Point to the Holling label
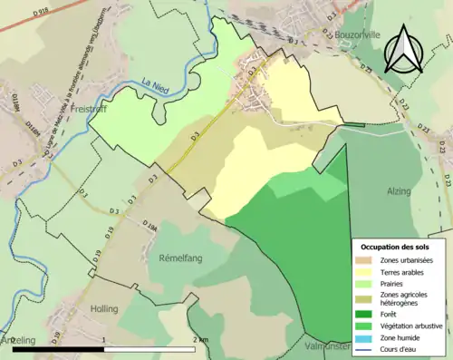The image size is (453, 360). coord(103,308)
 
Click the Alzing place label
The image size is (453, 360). coord(399,192)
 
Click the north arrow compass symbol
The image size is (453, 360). coord(404,50)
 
